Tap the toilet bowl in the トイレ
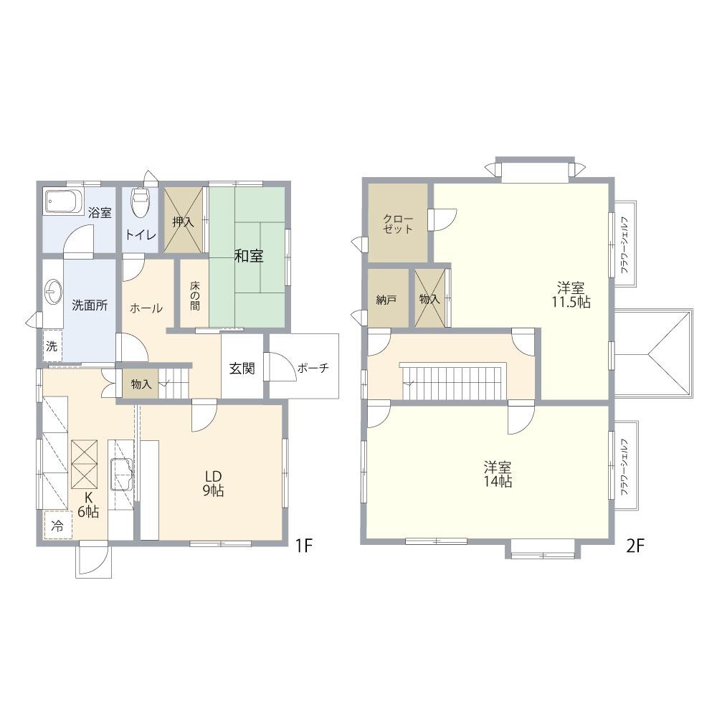click(x=140, y=202)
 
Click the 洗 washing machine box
click(x=52, y=346)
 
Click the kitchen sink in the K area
click(x=121, y=474)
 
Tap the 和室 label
click(x=249, y=256)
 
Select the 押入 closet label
click(x=183, y=222)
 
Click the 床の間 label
click(x=195, y=295)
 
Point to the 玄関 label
click(x=242, y=368)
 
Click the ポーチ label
click(x=313, y=368)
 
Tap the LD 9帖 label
click(x=213, y=483)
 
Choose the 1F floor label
click(x=303, y=545)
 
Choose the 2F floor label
click(x=635, y=546)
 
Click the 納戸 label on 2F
click(x=386, y=300)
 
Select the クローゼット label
click(x=398, y=224)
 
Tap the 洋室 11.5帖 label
click(x=571, y=295)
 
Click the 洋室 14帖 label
click(x=498, y=474)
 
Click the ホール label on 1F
click(x=146, y=308)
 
